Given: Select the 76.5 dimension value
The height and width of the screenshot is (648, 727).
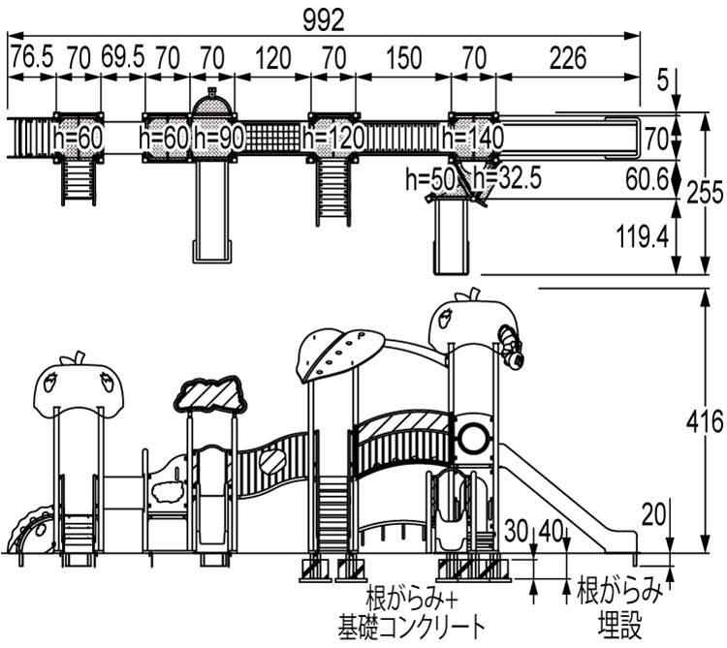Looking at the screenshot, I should pyautogui.click(x=31, y=57).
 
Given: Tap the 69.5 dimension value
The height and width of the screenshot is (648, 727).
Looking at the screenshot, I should pyautogui.click(x=122, y=57).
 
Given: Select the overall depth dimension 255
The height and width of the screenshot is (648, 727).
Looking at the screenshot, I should pyautogui.click(x=706, y=194).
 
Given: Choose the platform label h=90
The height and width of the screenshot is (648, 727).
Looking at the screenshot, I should pyautogui.click(x=218, y=139).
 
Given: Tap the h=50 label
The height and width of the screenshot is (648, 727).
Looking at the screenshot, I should pyautogui.click(x=429, y=179).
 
